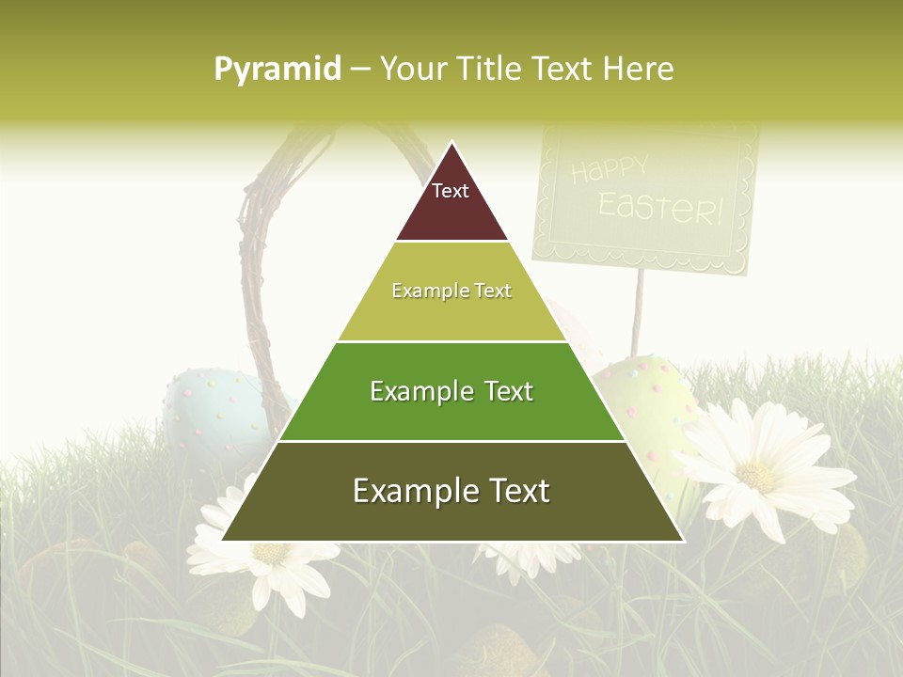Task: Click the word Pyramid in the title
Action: (277, 70)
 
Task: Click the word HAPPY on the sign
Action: (610, 171)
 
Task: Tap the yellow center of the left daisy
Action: (271, 553)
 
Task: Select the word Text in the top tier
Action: (450, 191)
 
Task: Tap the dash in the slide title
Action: (360, 70)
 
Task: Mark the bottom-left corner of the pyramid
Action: (223, 541)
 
